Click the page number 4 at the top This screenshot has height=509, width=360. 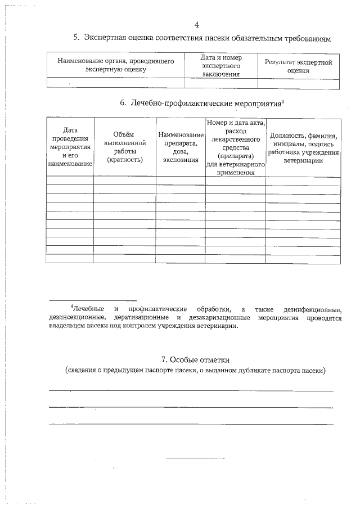coord(196,24)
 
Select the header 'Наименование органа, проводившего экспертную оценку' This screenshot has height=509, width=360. coord(115,65)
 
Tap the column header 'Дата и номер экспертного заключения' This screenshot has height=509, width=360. coord(221,65)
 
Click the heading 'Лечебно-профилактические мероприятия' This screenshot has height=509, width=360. coord(205,103)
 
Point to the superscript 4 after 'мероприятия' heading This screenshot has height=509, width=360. coord(282,101)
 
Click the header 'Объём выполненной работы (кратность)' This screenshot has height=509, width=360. coord(124,147)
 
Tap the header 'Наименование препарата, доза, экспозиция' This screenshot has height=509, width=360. coord(181,147)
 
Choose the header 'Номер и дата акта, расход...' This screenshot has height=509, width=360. coord(236,147)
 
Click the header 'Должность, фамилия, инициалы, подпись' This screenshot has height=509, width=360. coord(303,147)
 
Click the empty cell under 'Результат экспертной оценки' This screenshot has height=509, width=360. coord(299,83)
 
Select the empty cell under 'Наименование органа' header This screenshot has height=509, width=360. coord(115,83)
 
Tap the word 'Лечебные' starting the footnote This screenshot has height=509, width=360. coord(90,309)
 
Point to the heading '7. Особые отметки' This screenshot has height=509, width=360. coord(195,360)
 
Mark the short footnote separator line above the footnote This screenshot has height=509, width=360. coord(92,300)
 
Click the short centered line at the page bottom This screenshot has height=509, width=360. coord(195,458)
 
